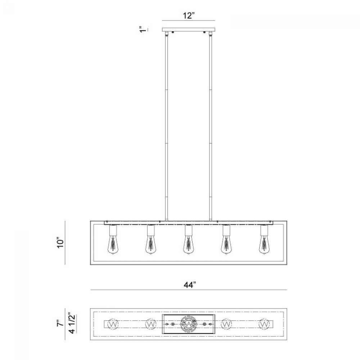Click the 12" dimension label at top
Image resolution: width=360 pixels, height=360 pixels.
(189, 15)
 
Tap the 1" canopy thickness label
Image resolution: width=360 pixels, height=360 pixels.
(143, 30)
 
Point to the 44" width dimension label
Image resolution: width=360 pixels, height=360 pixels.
(190, 285)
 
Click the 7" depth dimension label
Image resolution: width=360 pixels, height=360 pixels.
(60, 323)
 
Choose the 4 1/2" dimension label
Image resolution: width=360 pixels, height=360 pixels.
(72, 323)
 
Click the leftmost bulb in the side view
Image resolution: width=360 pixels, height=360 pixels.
(113, 244)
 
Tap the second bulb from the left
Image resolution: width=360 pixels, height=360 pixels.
(150, 244)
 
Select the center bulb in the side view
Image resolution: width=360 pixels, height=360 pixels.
(189, 244)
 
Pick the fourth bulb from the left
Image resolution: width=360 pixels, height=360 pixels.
(226, 244)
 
